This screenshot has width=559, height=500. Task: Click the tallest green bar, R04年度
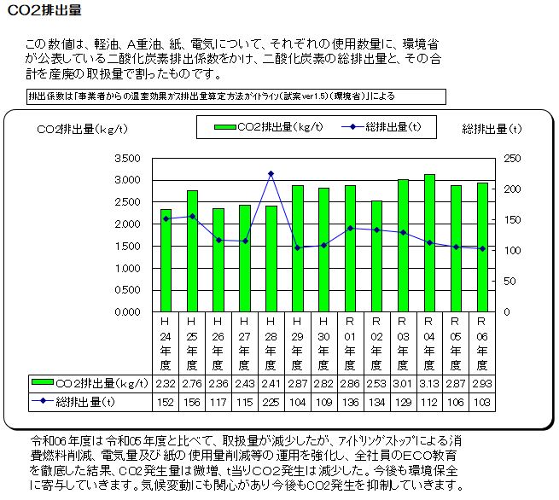429,242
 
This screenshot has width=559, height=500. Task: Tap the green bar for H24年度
166,259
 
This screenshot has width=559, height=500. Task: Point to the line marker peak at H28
271,174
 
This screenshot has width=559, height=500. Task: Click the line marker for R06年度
482,248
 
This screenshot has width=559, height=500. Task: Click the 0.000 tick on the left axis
125,311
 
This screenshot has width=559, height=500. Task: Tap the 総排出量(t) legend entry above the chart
384,127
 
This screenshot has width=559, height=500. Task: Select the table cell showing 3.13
429,384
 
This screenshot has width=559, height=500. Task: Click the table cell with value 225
271,401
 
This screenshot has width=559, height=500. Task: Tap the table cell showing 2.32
166,384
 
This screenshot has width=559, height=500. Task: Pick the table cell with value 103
482,401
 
